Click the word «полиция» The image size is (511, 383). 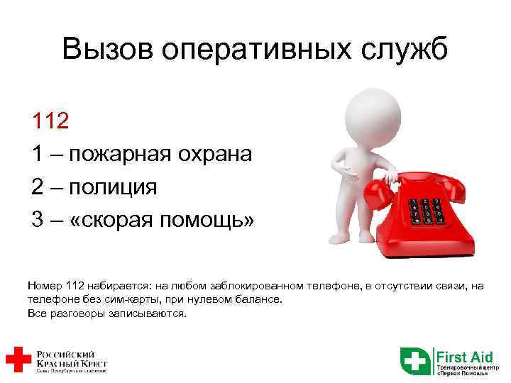coord(114,187)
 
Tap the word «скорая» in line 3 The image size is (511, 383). coord(116,221)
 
